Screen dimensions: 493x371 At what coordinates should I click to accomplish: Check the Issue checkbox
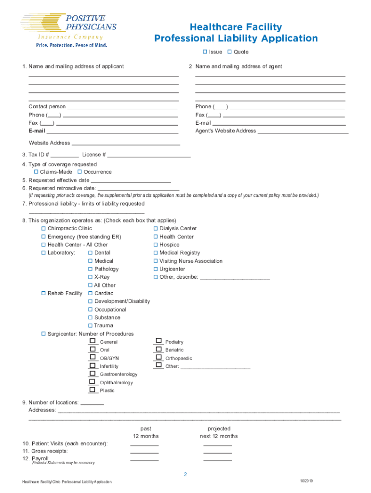pyautogui.click(x=205, y=52)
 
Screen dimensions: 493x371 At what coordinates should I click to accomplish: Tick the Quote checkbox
pyautogui.click(x=230, y=52)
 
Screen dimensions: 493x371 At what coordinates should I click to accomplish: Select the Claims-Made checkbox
pyautogui.click(x=36, y=172)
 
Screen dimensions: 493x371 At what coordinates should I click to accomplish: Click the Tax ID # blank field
pyautogui.click(x=65, y=155)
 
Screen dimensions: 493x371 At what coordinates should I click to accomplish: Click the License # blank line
pyautogui.click(x=149, y=155)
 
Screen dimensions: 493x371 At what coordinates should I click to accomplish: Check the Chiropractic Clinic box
pyautogui.click(x=43, y=228)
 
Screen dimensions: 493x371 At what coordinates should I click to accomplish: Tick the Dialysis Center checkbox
pyautogui.click(x=156, y=228)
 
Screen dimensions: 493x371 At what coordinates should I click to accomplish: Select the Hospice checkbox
pyautogui.click(x=156, y=245)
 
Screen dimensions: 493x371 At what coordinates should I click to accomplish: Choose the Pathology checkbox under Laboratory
pyautogui.click(x=90, y=269)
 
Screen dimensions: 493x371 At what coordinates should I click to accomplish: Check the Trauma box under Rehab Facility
pyautogui.click(x=90, y=325)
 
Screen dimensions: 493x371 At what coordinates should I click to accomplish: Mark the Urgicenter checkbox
pyautogui.click(x=156, y=269)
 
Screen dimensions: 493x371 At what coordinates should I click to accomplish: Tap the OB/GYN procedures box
pyautogui.click(x=93, y=357)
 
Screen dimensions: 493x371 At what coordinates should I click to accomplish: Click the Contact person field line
pyautogui.click(x=122, y=107)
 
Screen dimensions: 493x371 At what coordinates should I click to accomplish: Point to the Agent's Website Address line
pyautogui.click(x=303, y=131)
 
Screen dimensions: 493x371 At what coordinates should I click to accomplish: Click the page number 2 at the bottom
pyautogui.click(x=185, y=475)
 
